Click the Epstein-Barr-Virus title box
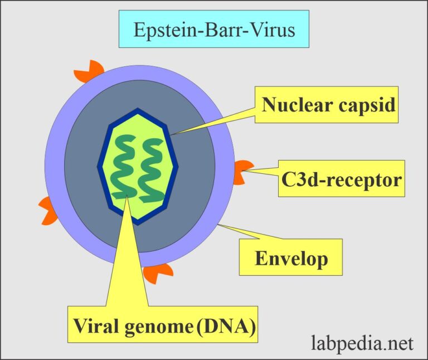213,29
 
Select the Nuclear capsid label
329,105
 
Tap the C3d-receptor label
341,179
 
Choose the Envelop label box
291,257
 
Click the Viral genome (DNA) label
163,324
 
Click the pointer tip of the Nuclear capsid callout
172,134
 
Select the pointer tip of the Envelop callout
218,225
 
